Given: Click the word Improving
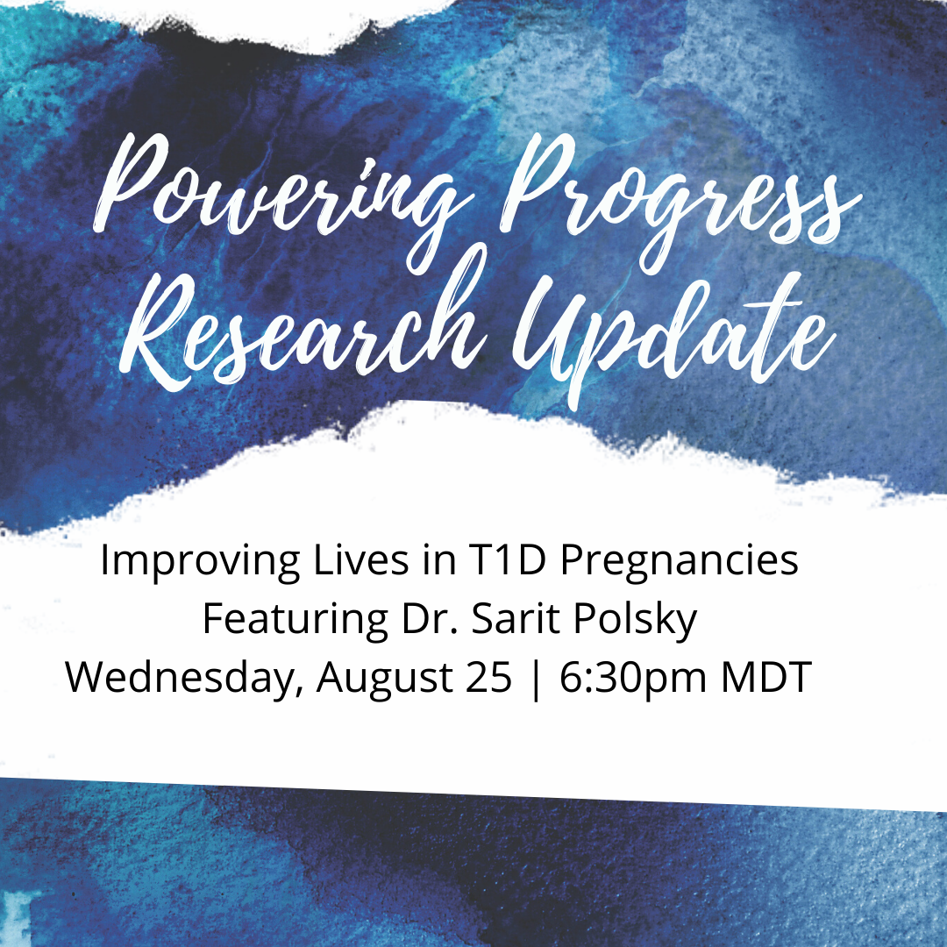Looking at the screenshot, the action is coord(200,561).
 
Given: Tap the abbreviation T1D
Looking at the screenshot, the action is coord(507,559).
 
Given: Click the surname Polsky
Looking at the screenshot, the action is coord(636,620).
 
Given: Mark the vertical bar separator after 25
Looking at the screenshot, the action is coord(536,680).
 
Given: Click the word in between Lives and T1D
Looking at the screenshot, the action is coord(438,559).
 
